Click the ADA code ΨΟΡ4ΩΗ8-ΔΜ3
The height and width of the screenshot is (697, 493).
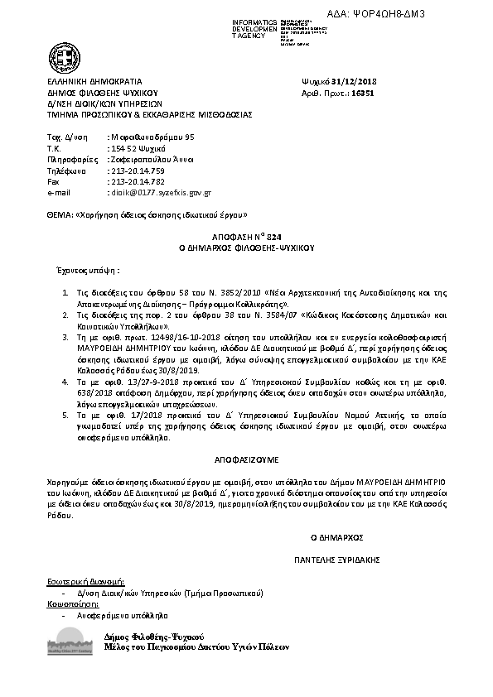(428, 15)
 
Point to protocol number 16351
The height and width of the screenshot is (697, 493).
(364, 94)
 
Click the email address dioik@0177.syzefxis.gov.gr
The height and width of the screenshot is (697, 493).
(161, 192)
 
